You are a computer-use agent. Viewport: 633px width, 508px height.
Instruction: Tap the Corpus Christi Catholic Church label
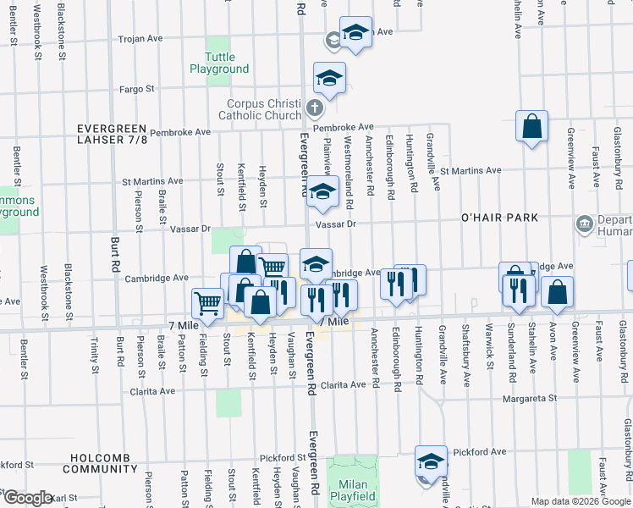click(x=261, y=109)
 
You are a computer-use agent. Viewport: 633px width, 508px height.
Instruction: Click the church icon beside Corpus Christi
click(x=314, y=108)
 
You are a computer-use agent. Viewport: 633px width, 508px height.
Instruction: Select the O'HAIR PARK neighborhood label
click(x=499, y=218)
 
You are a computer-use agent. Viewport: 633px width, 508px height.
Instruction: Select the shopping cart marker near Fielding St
click(x=207, y=302)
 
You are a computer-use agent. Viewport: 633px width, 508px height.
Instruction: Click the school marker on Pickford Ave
click(x=431, y=461)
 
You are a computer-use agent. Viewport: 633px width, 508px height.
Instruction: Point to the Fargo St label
click(x=137, y=88)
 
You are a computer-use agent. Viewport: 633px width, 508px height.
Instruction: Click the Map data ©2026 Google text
click(x=580, y=501)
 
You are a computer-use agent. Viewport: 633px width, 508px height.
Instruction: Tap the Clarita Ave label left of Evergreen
click(x=152, y=391)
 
